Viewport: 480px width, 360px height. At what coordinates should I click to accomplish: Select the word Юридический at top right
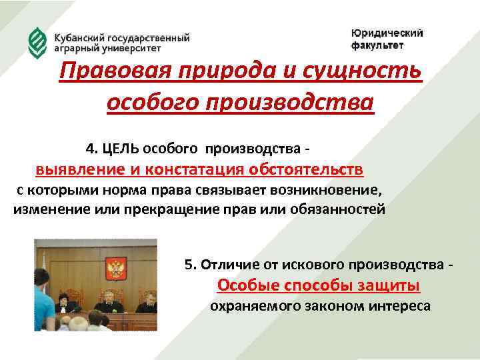coord(387,33)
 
